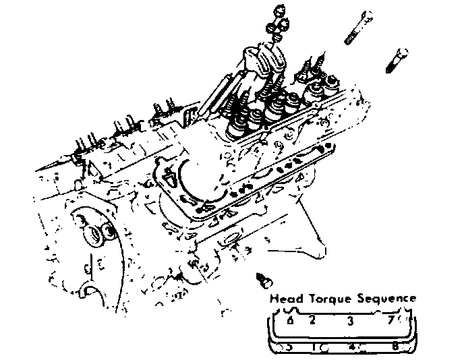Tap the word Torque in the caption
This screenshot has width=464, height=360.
tap(328, 299)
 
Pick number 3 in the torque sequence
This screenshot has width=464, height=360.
tap(350, 320)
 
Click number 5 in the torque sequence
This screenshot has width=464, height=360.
tap(288, 347)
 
